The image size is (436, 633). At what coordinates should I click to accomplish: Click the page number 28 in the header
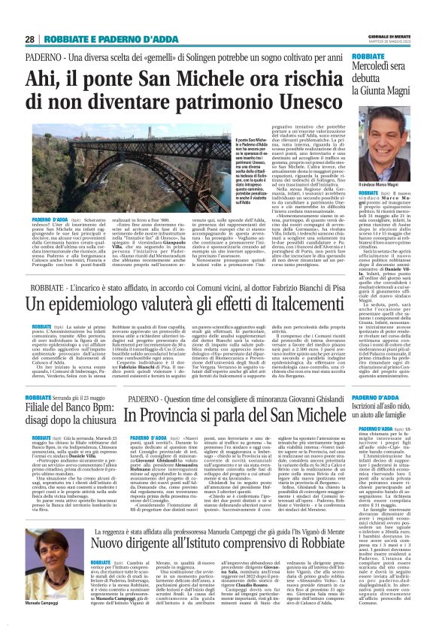29,39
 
